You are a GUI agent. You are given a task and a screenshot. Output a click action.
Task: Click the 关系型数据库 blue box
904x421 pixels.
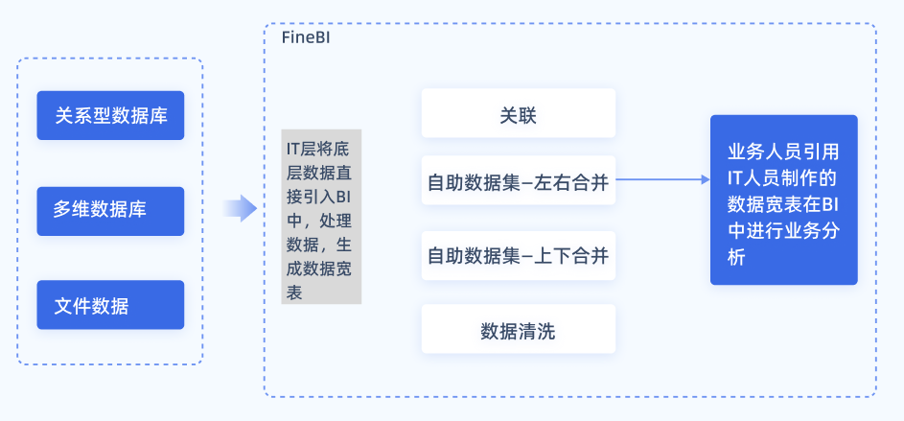pos(110,116)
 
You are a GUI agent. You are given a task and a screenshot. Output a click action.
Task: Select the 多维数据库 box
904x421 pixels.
pos(110,210)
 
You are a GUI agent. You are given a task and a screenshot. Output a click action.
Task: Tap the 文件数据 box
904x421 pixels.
pos(110,305)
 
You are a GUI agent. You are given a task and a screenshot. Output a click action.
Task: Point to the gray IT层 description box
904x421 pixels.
pos(321,217)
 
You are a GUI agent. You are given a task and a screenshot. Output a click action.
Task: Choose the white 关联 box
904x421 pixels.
pos(518,114)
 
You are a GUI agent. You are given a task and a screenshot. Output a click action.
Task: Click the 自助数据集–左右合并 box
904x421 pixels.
pos(518,180)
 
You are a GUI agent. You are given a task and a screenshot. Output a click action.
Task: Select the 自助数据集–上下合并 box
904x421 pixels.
pos(518,256)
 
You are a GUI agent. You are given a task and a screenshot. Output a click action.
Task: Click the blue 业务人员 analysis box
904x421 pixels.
pos(783,199)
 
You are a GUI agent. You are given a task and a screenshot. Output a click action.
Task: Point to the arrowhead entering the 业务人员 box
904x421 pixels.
pos(704,179)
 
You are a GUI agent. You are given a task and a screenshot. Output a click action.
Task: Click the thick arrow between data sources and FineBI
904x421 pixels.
pos(240,208)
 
